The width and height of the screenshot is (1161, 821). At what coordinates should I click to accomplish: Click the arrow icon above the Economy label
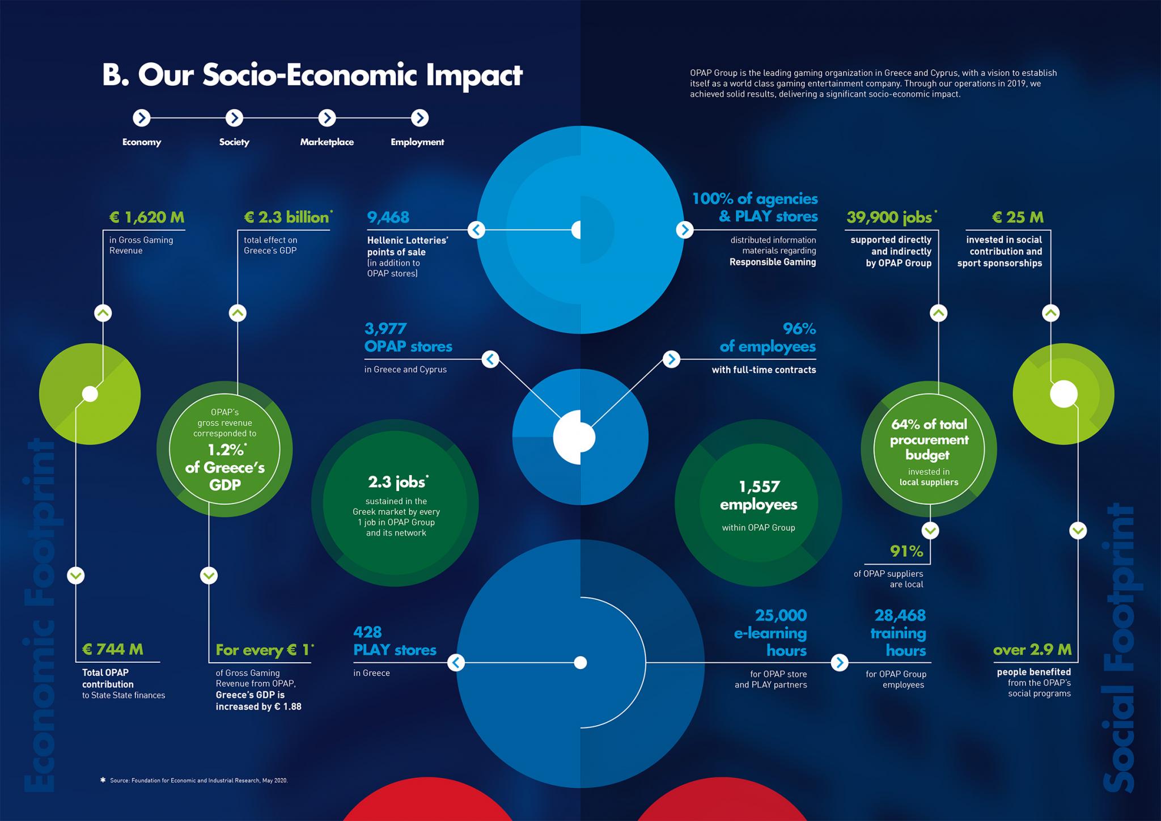pos(142,118)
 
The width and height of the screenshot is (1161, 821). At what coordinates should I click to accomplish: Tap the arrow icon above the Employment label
pos(420,118)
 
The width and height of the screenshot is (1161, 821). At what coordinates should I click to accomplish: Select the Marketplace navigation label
pos(327,142)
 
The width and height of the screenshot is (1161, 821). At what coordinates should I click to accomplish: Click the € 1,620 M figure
pos(147,217)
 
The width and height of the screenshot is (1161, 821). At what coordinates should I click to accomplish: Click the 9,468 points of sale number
pos(388,217)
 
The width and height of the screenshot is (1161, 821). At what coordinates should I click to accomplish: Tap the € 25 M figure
pos(1018,217)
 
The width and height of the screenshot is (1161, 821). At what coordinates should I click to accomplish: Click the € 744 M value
pos(113,649)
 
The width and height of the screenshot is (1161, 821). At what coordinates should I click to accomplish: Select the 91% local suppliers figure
pos(906,551)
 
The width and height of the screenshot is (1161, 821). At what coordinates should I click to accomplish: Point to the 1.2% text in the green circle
pos(226,450)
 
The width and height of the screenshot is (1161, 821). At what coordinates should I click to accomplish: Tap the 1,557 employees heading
pos(759,496)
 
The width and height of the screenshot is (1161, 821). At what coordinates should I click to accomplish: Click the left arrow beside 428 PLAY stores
pos(456,662)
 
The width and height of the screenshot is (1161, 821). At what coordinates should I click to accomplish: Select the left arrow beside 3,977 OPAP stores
pos(490,359)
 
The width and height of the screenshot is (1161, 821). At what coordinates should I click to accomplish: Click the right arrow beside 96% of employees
pos(671,359)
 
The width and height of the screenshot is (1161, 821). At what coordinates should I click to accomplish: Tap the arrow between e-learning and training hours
pos(840,662)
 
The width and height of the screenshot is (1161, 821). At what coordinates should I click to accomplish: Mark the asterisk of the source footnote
pos(103,780)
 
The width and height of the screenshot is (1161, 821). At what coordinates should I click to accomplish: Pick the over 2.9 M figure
pos(1032,650)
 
